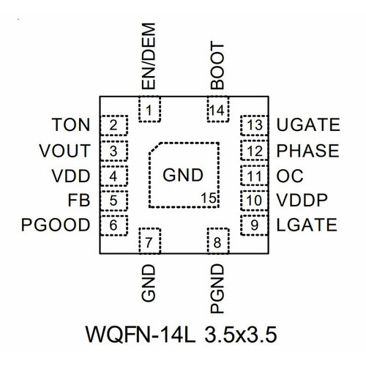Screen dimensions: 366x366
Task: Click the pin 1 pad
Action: (x=149, y=111)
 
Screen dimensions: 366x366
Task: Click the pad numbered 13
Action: (x=253, y=126)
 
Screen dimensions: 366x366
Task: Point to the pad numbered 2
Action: (x=113, y=126)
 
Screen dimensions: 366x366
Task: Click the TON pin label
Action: (x=72, y=126)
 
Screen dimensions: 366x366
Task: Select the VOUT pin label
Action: (x=66, y=151)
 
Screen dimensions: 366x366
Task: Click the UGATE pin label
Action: (x=307, y=126)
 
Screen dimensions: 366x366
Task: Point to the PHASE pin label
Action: (x=308, y=151)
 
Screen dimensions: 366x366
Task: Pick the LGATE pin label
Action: (x=307, y=225)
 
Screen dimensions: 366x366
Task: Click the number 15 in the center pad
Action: (x=209, y=197)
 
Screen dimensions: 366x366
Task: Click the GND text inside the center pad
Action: (x=182, y=176)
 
